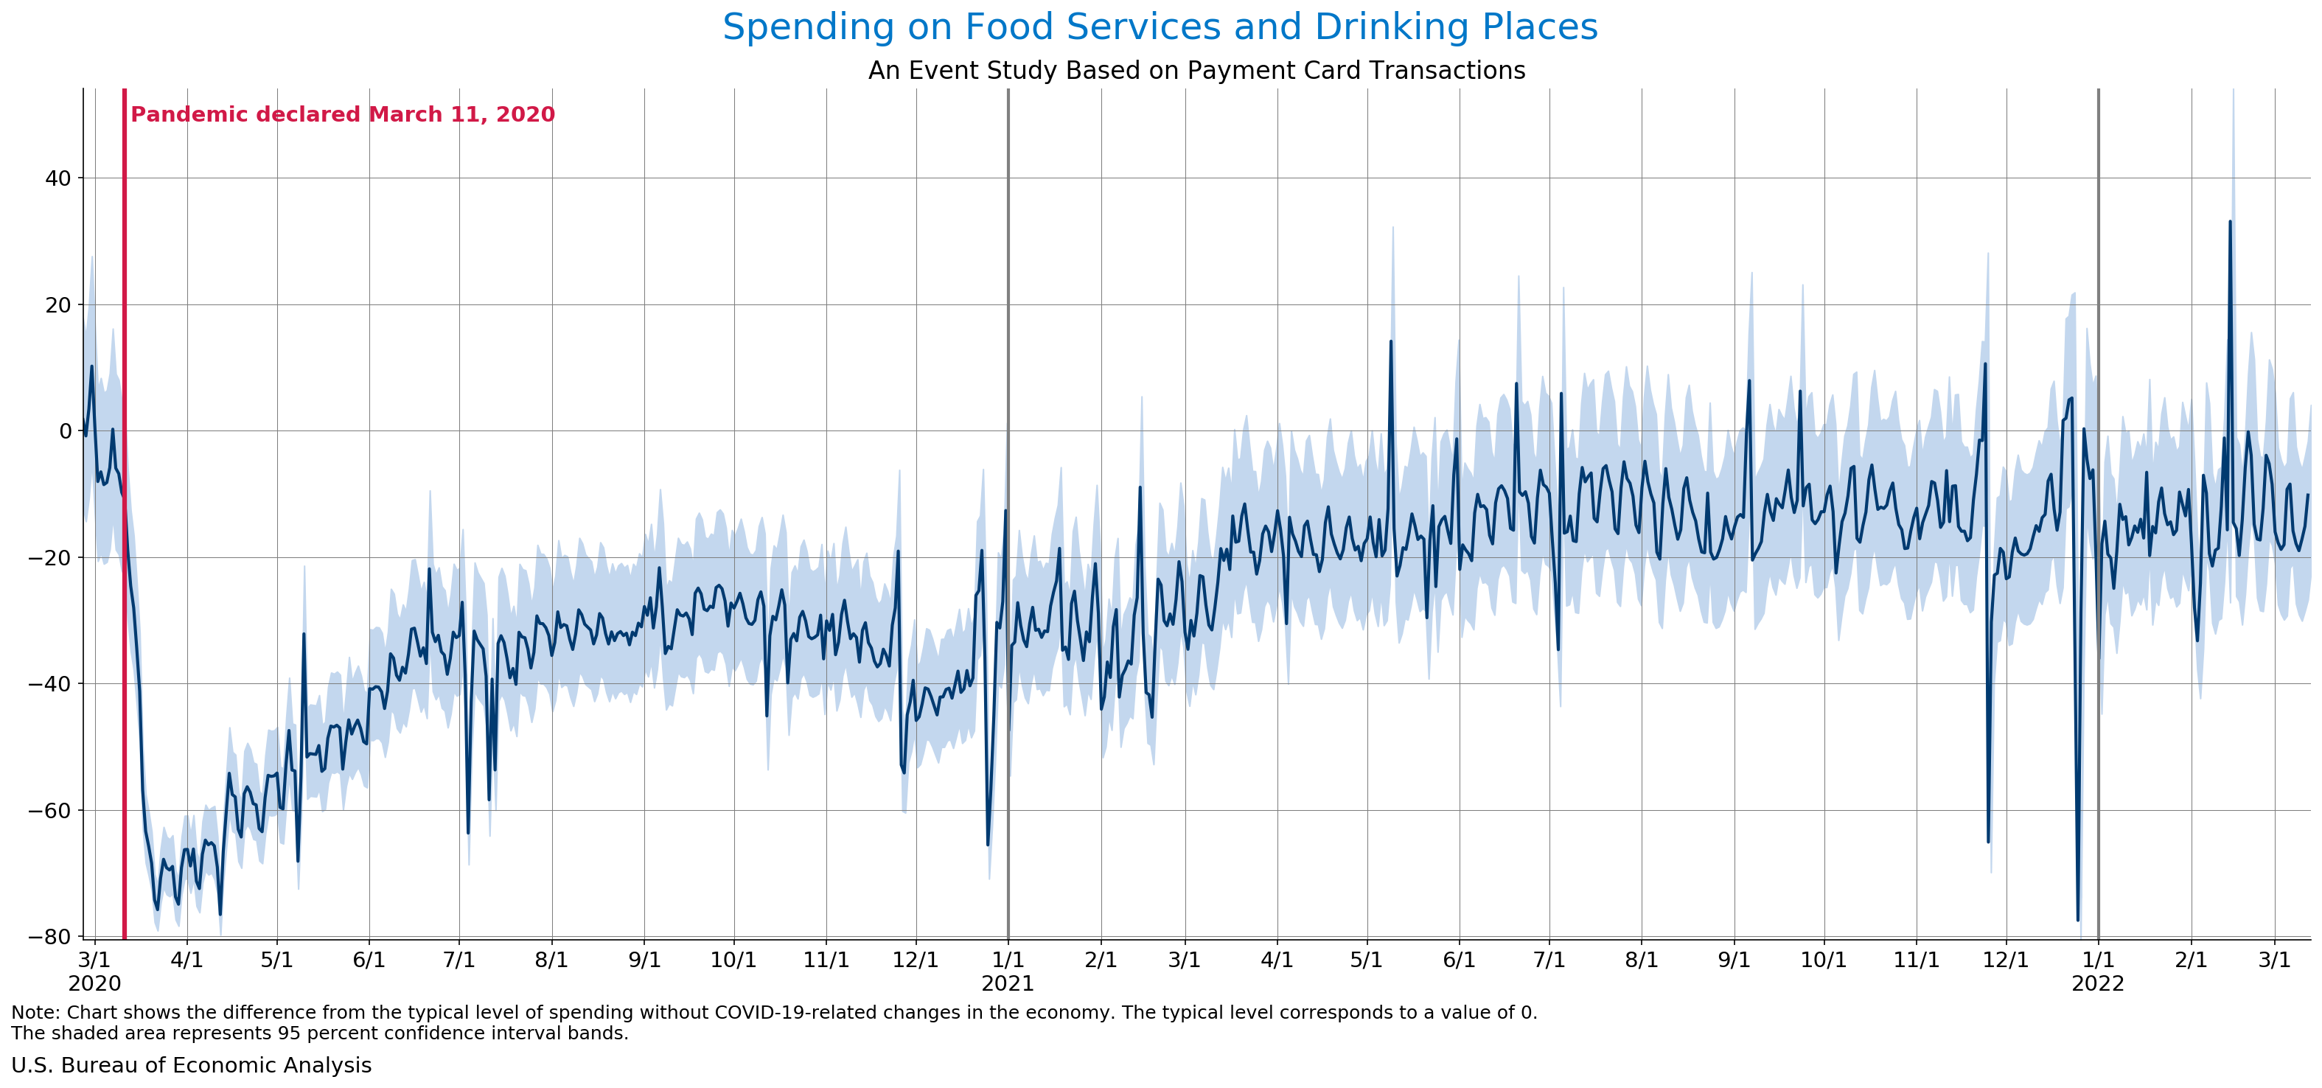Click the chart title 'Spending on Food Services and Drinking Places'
1160,27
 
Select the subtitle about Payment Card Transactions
1196,70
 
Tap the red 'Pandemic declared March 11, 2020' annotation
343,114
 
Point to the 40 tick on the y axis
58,178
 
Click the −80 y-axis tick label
50,938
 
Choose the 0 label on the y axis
65,432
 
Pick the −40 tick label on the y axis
50,684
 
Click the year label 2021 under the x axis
1008,983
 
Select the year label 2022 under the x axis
2099,983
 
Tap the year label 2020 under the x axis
94,983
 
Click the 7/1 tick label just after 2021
1549,960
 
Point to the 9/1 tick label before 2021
644,960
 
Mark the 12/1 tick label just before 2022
2007,960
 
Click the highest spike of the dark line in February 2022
2230,221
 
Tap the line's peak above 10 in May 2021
1391,341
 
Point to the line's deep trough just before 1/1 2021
987,845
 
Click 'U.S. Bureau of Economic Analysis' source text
191,1065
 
